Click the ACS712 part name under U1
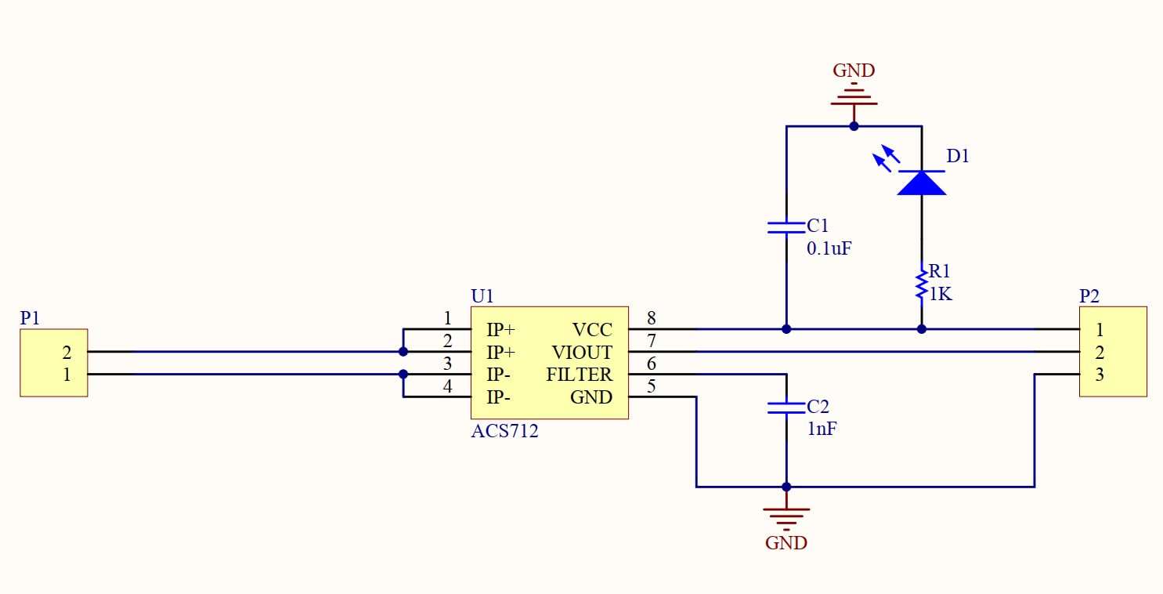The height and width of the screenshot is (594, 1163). (x=504, y=431)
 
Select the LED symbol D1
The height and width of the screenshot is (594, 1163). (x=921, y=182)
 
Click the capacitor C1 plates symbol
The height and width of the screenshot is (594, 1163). (x=786, y=227)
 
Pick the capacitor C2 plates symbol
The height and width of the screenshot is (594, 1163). (x=786, y=407)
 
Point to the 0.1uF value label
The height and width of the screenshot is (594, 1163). (x=829, y=249)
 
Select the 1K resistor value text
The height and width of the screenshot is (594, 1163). (x=940, y=294)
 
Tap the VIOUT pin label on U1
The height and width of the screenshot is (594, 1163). (x=582, y=352)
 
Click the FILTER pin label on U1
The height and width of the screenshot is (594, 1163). (x=579, y=375)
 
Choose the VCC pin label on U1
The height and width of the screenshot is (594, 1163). (x=592, y=329)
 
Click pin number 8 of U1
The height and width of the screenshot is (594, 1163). (x=652, y=318)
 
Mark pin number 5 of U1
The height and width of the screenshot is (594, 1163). (x=652, y=386)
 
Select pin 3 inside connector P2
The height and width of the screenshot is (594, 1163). (x=1100, y=375)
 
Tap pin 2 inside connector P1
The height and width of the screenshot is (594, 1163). (x=67, y=352)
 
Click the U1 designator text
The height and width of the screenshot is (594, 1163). (x=482, y=296)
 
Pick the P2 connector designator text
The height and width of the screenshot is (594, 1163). (x=1089, y=296)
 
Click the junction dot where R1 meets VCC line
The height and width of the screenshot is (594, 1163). (x=921, y=329)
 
